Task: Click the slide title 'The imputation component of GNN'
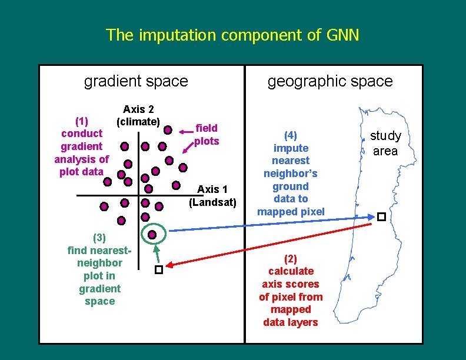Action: [x=232, y=35]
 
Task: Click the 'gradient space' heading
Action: [x=136, y=81]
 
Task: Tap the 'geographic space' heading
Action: [x=330, y=81]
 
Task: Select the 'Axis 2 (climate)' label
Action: [x=138, y=115]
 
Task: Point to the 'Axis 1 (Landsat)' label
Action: [x=212, y=196]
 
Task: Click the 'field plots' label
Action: [x=207, y=134]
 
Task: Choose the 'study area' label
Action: [x=385, y=143]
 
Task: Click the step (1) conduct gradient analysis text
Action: [x=81, y=146]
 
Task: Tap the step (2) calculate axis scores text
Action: [x=290, y=291]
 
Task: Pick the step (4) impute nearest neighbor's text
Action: [x=290, y=174]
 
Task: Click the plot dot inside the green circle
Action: [x=152, y=235]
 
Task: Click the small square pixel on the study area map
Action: [x=381, y=217]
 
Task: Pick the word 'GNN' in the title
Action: [x=341, y=35]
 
